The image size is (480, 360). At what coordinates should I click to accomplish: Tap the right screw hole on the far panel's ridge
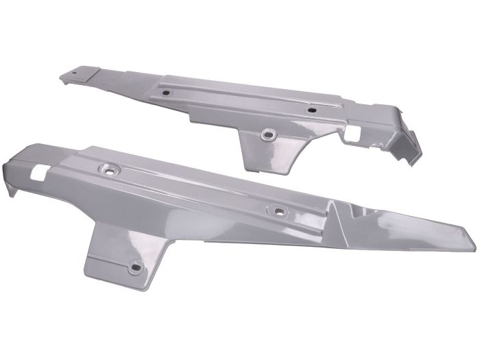[x=312, y=110]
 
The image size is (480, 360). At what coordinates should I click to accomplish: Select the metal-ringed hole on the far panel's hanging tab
[x=267, y=135]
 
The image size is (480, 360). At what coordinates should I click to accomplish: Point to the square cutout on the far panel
[x=354, y=130]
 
